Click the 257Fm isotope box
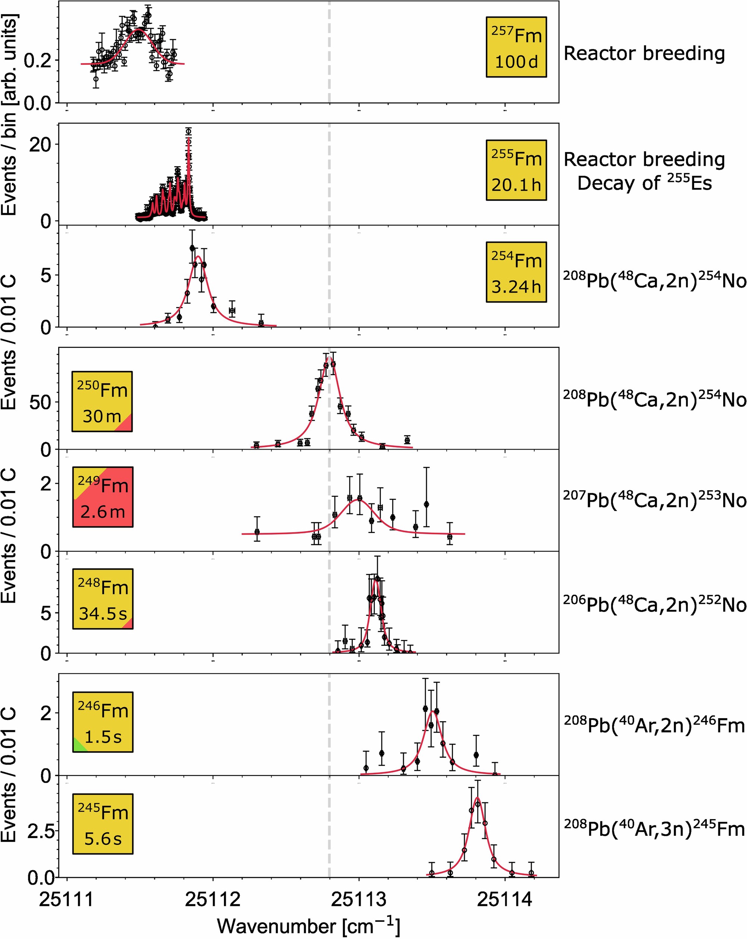tap(516, 47)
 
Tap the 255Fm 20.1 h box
tap(516, 170)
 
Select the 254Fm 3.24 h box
tap(516, 272)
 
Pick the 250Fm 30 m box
tap(102, 402)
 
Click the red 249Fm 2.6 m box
tap(103, 497)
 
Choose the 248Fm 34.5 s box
tap(103, 599)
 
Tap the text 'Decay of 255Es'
tap(644, 183)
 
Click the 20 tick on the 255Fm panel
tap(40, 144)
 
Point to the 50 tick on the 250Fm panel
tap(40, 402)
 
